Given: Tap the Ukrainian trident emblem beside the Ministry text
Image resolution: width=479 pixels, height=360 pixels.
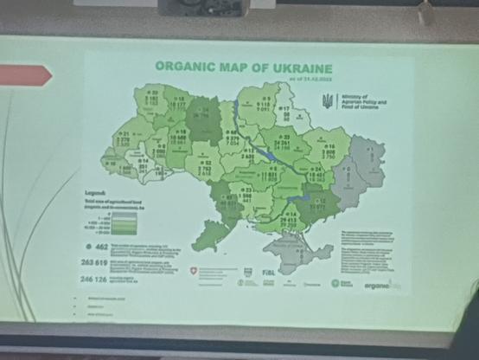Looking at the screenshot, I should point(328,101).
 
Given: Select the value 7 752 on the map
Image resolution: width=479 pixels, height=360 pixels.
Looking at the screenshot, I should point(205,169).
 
